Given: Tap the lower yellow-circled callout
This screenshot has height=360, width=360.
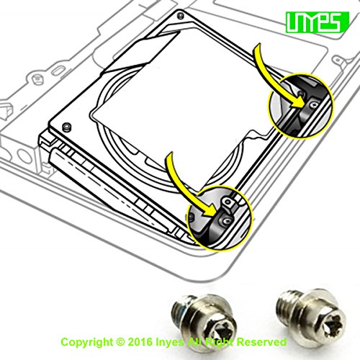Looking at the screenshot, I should click(216, 215).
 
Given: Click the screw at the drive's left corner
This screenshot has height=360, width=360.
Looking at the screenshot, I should click(67, 127).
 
